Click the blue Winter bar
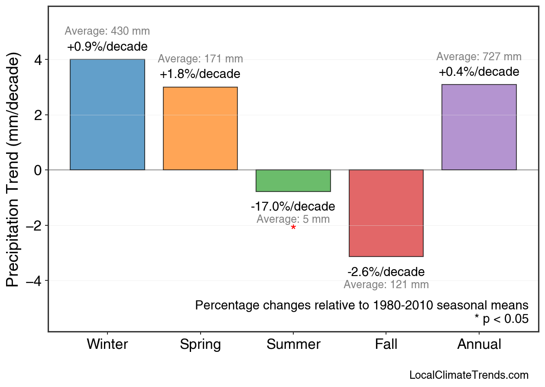click(x=107, y=114)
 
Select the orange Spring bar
click(x=200, y=128)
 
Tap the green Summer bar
click(x=293, y=181)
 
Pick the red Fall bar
click(x=386, y=213)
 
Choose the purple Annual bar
click(x=479, y=127)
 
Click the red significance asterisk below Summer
click(x=293, y=228)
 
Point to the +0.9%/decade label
click(x=107, y=47)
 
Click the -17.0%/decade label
click(x=293, y=206)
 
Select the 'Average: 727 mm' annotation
click(x=479, y=57)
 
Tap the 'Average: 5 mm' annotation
click(x=293, y=219)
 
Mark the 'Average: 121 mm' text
click(x=386, y=285)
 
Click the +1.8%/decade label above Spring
click(x=200, y=74)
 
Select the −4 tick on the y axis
click(x=36, y=281)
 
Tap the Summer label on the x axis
click(x=293, y=345)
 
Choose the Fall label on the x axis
click(x=386, y=345)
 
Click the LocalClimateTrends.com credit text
click(x=469, y=375)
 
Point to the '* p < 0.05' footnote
click(x=502, y=319)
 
